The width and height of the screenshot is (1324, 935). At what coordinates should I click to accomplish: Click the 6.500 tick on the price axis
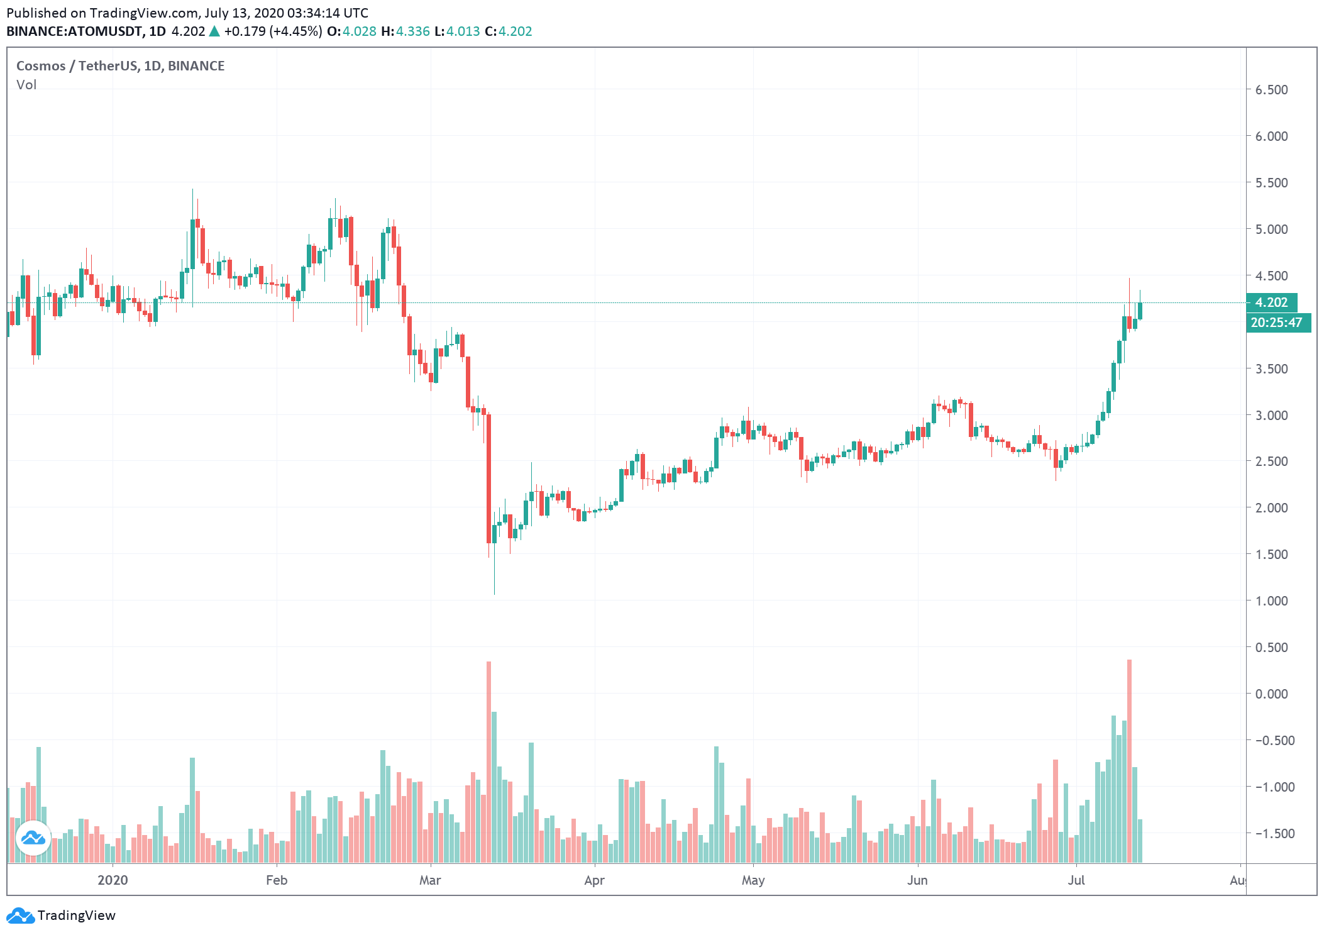[x=1271, y=90]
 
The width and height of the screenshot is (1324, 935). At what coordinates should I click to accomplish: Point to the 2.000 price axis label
[x=1271, y=508]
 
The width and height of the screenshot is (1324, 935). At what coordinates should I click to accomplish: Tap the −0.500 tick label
[x=1271, y=741]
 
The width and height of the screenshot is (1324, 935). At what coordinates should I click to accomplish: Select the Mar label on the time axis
[x=430, y=880]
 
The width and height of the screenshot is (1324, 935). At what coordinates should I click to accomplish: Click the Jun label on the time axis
[x=917, y=880]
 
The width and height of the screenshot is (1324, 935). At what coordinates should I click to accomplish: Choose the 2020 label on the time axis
[x=113, y=880]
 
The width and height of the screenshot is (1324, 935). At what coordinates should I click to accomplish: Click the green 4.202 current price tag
[x=1271, y=302]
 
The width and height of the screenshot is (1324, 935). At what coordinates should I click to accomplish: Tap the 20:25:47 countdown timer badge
[x=1277, y=323]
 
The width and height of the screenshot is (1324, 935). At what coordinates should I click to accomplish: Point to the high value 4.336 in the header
[x=412, y=31]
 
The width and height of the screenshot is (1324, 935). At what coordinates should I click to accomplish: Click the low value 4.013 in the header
[x=463, y=31]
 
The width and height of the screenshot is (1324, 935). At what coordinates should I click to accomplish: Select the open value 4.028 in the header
[x=359, y=31]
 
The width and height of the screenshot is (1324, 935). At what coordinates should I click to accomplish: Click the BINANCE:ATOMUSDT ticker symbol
[x=74, y=31]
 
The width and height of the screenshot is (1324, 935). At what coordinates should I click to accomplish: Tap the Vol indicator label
[x=26, y=85]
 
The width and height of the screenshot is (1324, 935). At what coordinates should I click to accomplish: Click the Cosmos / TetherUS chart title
[x=120, y=66]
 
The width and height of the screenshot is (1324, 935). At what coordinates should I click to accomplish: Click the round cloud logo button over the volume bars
[x=33, y=838]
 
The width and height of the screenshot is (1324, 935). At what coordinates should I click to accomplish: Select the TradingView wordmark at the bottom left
[x=76, y=916]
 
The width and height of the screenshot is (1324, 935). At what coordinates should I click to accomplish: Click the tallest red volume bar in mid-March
[x=488, y=761]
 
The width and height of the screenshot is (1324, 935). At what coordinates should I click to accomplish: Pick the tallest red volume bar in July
[x=1129, y=761]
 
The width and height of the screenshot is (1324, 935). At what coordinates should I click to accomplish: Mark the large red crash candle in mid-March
[x=488, y=478]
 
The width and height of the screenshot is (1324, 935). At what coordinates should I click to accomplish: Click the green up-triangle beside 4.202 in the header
[x=214, y=31]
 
